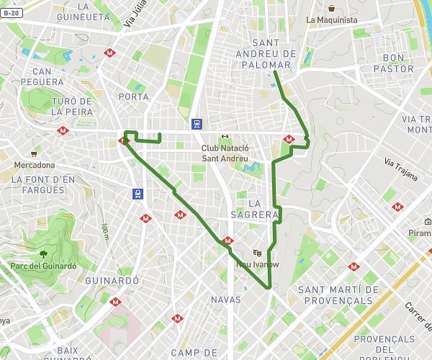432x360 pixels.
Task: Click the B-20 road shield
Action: point(12,12)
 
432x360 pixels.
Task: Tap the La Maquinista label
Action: point(331,20)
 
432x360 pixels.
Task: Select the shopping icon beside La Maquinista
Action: point(331,9)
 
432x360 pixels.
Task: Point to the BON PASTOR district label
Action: point(393,63)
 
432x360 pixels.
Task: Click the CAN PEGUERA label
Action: point(52,76)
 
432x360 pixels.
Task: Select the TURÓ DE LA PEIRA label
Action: point(72,106)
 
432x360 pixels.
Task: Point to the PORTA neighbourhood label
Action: point(133,96)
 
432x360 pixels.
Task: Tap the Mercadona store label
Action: point(35,164)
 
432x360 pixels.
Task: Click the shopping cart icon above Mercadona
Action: point(34,153)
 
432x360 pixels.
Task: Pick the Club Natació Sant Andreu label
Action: point(225,153)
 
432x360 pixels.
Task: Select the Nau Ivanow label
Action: point(257,264)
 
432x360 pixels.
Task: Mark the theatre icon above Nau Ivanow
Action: point(257,253)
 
